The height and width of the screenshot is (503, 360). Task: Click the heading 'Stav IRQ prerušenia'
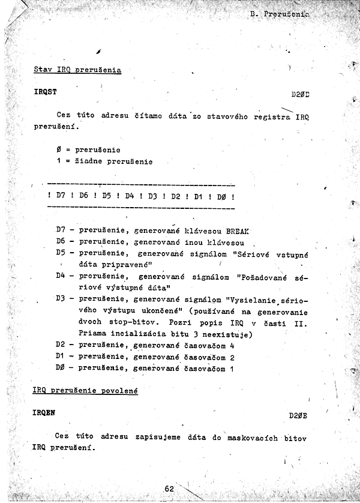(x=77, y=70)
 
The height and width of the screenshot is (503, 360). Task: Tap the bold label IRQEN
(x=45, y=414)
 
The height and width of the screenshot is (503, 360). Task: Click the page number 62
(x=169, y=489)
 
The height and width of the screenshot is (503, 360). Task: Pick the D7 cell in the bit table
(x=60, y=196)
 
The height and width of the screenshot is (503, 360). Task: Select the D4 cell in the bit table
(x=129, y=196)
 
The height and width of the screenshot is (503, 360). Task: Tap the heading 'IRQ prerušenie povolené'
(x=85, y=391)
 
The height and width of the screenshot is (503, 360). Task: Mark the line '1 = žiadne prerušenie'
(x=104, y=161)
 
